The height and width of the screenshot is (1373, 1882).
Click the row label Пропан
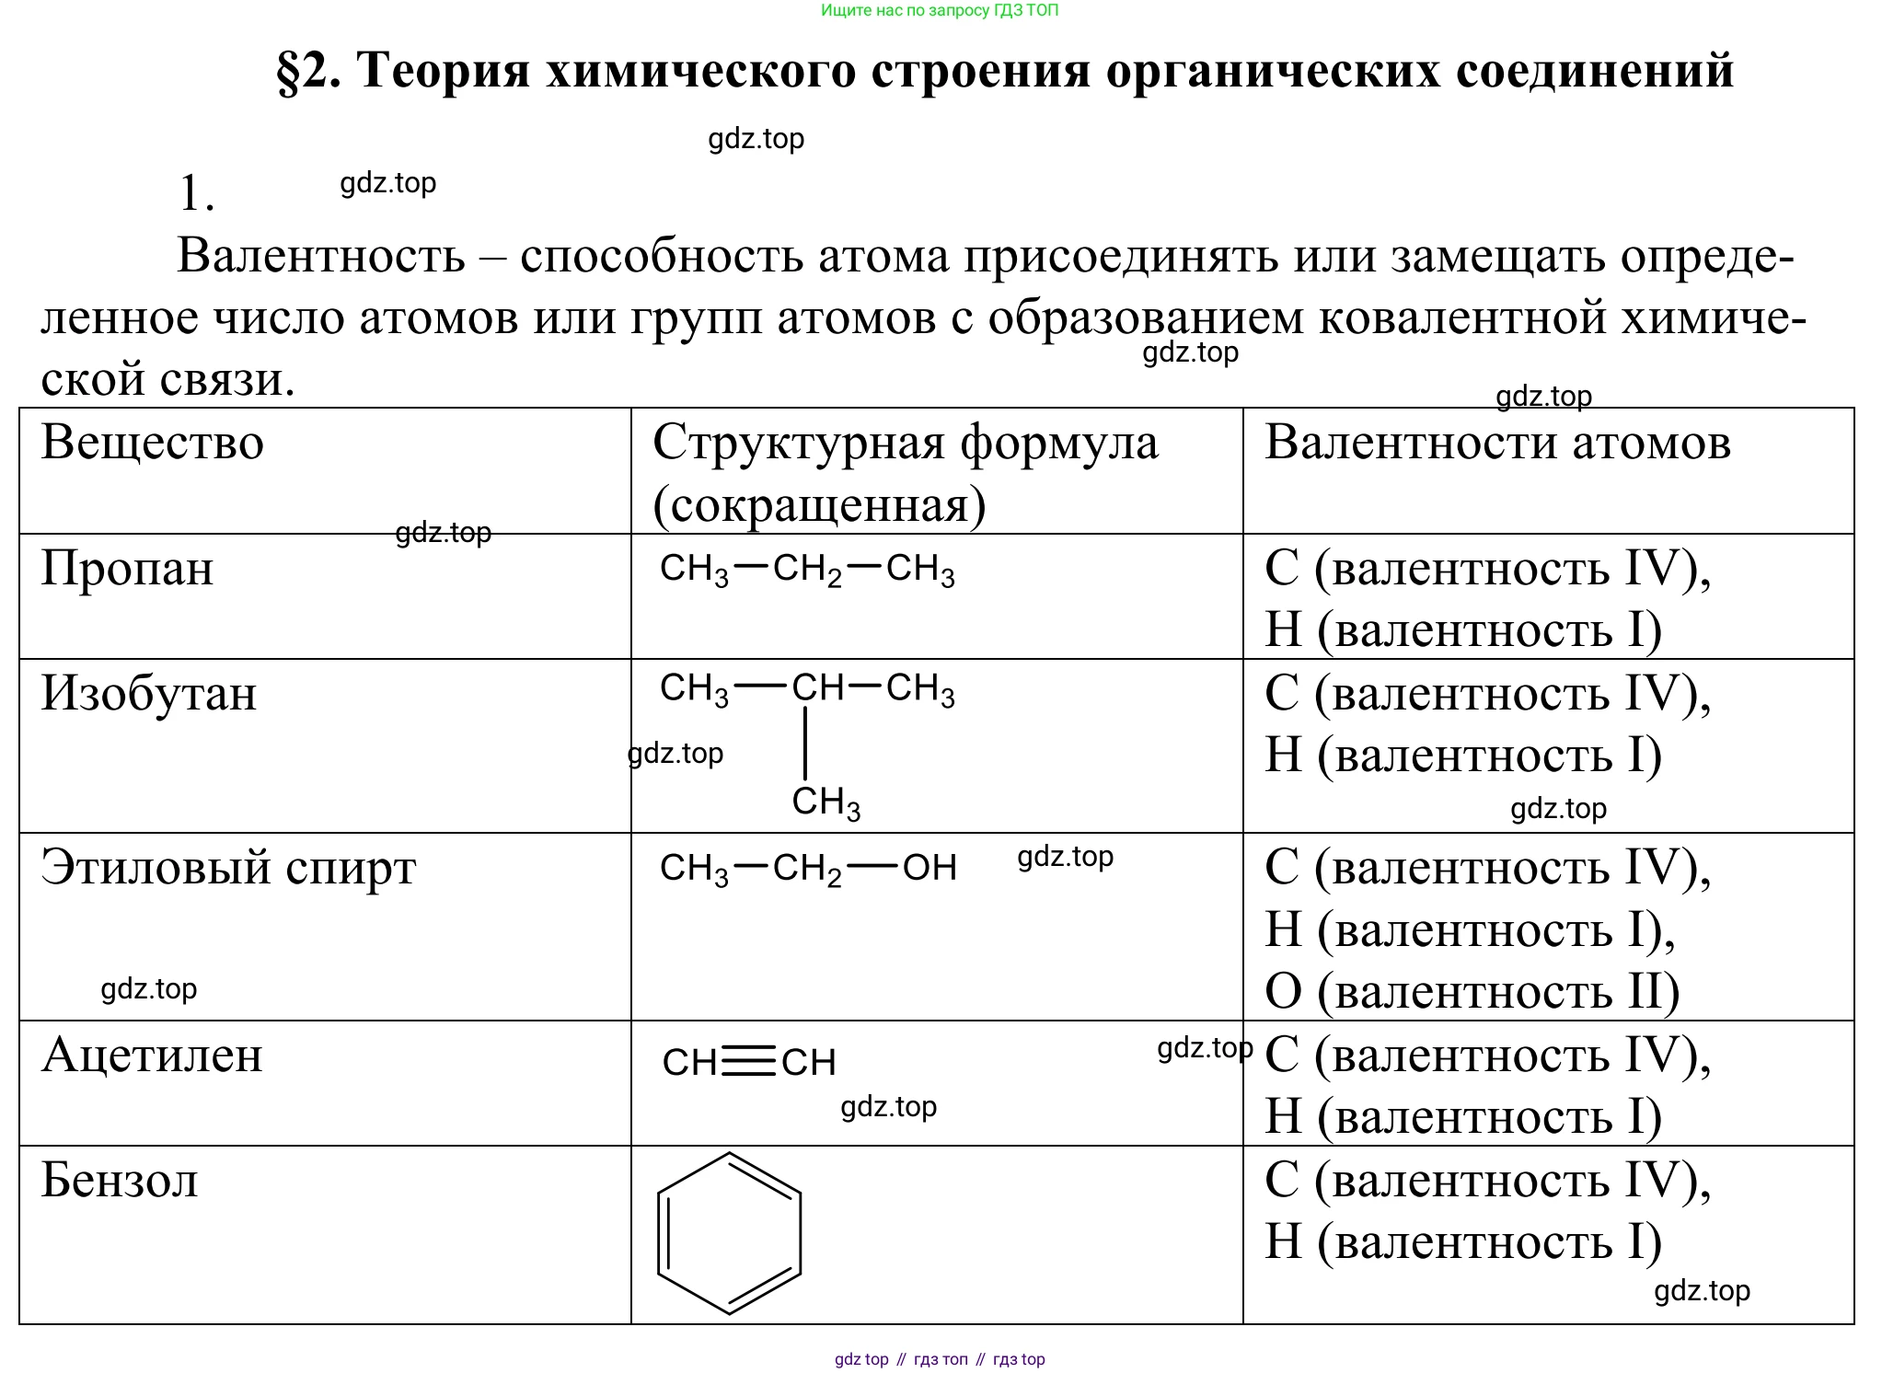(127, 568)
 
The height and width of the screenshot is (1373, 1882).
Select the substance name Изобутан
(149, 693)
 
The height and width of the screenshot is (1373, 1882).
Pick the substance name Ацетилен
(153, 1055)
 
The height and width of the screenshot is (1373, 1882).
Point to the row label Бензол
(120, 1180)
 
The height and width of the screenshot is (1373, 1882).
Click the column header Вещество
(153, 443)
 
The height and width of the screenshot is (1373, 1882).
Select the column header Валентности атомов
(1498, 443)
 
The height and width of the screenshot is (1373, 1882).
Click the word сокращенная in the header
(819, 505)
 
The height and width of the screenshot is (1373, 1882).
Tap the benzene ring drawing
(729, 1233)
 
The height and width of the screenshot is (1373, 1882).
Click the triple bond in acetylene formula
(749, 1063)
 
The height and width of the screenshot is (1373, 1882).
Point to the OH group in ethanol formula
(929, 868)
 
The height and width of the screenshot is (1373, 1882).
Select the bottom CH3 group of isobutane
(826, 803)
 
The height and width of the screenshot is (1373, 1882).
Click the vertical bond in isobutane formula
(805, 743)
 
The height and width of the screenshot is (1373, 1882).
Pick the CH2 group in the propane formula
(807, 571)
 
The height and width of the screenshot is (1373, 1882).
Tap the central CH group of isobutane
(818, 687)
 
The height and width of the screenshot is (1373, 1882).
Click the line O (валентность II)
(1472, 992)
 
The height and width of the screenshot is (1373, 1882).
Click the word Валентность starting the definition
(321, 256)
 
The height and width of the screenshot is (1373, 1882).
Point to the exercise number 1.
(197, 194)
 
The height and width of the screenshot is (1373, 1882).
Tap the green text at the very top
(940, 11)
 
